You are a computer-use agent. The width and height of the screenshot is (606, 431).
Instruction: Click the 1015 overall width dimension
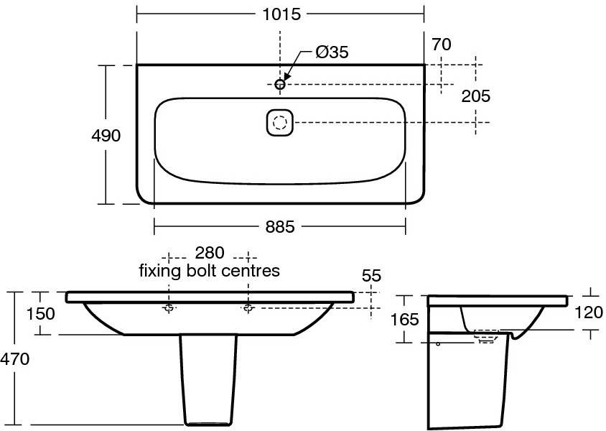(281, 14)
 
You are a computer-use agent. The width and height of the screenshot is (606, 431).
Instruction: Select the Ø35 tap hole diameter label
(331, 52)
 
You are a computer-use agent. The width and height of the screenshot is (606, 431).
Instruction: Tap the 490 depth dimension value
(106, 135)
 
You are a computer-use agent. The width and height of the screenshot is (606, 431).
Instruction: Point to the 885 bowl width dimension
(280, 226)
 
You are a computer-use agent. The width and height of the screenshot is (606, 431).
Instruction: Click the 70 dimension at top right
(442, 45)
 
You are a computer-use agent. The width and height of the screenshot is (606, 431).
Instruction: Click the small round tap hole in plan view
(280, 85)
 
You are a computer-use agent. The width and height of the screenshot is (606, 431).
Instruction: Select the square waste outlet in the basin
(280, 122)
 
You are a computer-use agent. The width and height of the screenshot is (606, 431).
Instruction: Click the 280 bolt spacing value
(209, 253)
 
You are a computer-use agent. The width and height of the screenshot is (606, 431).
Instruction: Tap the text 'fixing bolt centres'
(209, 271)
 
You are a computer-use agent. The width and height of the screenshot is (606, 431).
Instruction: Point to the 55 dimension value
(371, 276)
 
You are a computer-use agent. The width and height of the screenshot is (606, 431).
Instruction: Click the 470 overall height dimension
(15, 359)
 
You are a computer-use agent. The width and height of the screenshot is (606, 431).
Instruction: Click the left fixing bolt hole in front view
(169, 308)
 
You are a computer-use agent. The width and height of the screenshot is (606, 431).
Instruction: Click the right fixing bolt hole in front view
(248, 308)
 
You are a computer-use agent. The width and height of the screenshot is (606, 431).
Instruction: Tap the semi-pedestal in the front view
(208, 381)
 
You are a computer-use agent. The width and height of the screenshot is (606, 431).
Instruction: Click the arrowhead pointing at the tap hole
(286, 76)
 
